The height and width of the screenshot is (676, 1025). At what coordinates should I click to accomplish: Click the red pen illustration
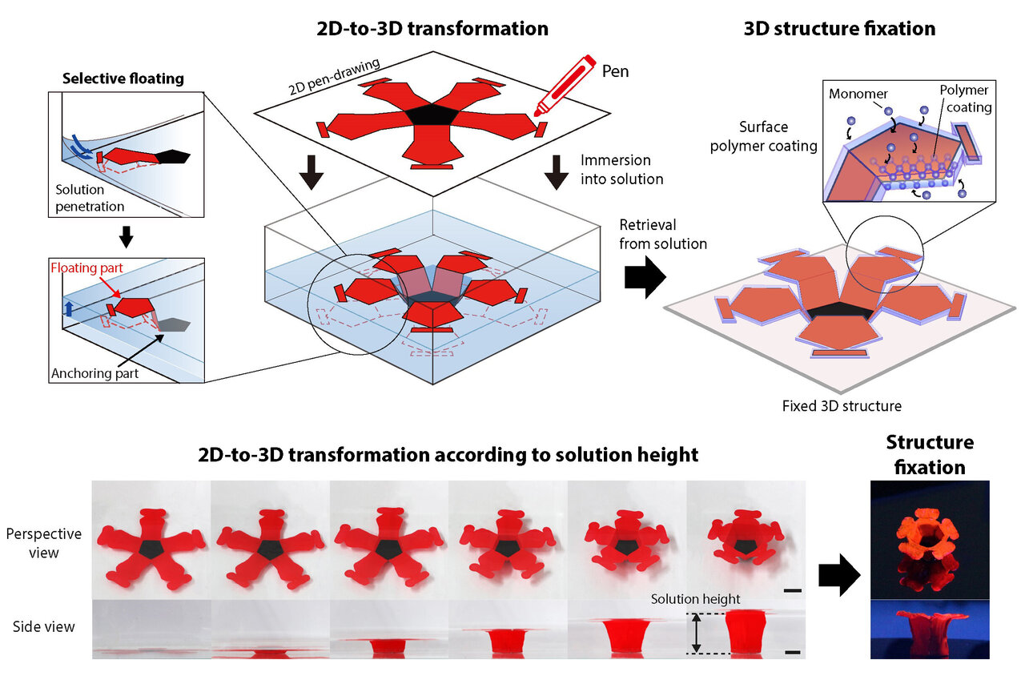click(565, 86)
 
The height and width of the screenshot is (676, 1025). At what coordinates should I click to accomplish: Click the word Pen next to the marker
click(615, 72)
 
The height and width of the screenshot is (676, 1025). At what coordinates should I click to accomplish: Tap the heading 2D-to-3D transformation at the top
click(432, 29)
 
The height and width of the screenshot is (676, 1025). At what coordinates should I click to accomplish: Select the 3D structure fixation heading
click(839, 29)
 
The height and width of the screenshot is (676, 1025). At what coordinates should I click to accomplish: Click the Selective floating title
click(123, 78)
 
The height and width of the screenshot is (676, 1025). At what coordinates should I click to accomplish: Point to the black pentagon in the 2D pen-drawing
click(432, 114)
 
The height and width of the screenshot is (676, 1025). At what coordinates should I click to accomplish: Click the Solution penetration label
click(90, 198)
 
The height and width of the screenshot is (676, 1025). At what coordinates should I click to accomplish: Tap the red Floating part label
click(87, 268)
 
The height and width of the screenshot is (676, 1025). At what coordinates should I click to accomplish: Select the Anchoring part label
click(94, 373)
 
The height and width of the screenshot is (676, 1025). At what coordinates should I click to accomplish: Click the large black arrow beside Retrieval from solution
click(645, 277)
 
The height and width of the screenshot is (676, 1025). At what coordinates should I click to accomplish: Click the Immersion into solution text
click(621, 169)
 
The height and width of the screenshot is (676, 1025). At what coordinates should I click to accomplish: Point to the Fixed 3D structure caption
click(842, 406)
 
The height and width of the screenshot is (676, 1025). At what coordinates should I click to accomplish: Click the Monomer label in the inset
click(858, 94)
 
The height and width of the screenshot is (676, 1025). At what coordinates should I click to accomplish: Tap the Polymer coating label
click(966, 99)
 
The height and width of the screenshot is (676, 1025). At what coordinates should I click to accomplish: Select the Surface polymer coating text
click(763, 136)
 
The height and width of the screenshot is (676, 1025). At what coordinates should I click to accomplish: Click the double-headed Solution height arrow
click(696, 633)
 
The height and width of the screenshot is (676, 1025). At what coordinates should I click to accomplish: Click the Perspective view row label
click(43, 543)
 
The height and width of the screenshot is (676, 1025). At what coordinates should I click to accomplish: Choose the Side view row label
click(43, 626)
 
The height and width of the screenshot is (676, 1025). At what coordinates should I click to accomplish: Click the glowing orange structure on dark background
click(928, 536)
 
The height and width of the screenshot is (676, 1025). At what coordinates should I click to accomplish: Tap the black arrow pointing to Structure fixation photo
click(839, 575)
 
